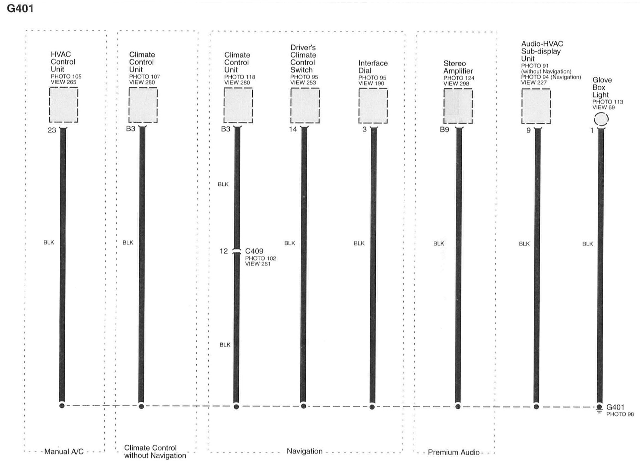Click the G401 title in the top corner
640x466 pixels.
click(x=20, y=8)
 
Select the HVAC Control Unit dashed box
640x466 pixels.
click(x=64, y=105)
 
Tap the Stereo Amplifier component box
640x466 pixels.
click(x=458, y=106)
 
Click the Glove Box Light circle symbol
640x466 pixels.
click(x=601, y=119)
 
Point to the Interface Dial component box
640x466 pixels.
click(x=373, y=106)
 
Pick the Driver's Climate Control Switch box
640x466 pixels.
click(x=305, y=106)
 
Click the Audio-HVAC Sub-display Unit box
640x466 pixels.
click(x=536, y=106)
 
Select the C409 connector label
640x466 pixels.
click(x=254, y=251)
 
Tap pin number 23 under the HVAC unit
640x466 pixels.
click(x=52, y=130)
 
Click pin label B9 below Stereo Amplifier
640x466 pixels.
click(x=444, y=130)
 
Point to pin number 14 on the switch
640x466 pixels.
click(x=293, y=129)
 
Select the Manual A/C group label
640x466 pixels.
click(x=64, y=452)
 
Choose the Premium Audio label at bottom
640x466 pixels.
click(x=453, y=452)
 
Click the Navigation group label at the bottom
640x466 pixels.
click(x=304, y=451)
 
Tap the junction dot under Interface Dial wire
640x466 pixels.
click(x=372, y=407)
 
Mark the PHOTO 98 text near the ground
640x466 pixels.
click(x=620, y=414)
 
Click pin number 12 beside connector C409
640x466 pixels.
click(x=224, y=251)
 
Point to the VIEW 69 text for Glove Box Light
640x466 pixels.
click(x=603, y=108)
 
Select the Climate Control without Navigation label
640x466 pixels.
click(x=155, y=452)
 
